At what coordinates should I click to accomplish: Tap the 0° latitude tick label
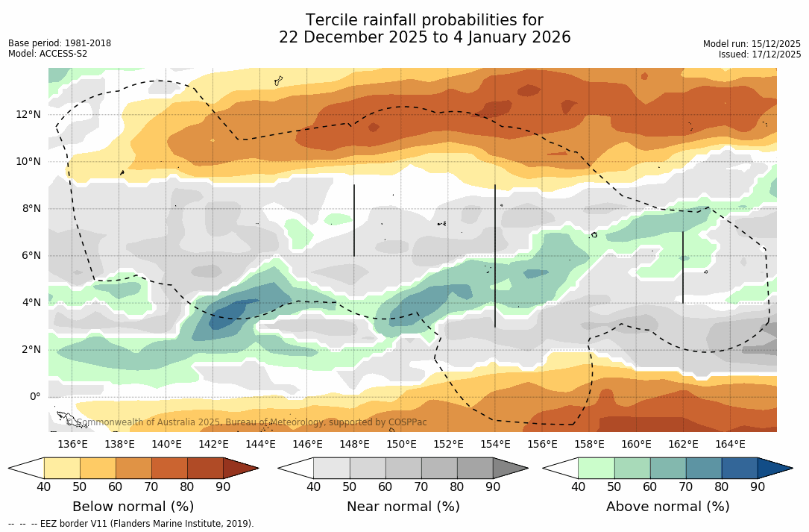[34, 396]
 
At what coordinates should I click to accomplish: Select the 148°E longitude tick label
[354, 444]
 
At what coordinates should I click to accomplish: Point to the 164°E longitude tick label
[730, 444]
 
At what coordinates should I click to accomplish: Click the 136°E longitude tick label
[72, 444]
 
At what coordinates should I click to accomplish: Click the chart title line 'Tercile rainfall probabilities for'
[424, 20]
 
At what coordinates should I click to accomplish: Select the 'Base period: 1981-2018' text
[60, 43]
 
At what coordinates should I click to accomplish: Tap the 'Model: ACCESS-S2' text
[48, 54]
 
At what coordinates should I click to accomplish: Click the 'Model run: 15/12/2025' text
[752, 44]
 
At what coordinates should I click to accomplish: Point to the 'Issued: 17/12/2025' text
[760, 54]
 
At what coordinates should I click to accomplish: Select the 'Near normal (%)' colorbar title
[403, 507]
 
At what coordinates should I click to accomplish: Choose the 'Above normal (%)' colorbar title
[667, 507]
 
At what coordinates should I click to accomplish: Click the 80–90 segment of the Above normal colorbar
[740, 468]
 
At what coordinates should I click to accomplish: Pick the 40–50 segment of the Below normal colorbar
[62, 468]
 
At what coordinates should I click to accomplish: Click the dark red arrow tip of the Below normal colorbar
[239, 468]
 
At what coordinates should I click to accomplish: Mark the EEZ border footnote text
[131, 524]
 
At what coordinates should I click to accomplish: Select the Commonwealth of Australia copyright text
[247, 422]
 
